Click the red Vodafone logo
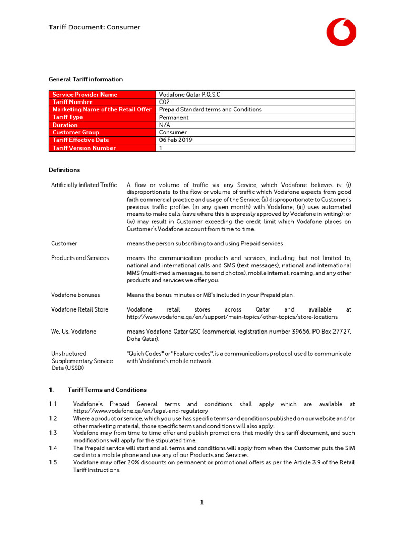341,32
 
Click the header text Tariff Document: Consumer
95,27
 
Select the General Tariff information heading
86,80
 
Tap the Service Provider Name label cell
85,95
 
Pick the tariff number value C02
165,102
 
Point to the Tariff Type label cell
68,117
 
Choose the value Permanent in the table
174,118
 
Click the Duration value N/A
165,125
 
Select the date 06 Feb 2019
176,140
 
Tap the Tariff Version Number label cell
84,148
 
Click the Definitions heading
65,170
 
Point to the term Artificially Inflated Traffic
84,185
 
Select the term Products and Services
80,258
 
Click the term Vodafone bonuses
76,295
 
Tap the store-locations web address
232,317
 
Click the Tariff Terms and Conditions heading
107,390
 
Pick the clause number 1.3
53,433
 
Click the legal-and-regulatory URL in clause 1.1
140,411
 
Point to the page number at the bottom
201,503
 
